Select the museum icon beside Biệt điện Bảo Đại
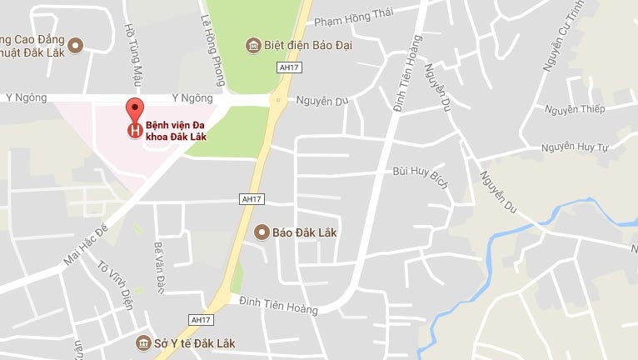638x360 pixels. [x=252, y=45]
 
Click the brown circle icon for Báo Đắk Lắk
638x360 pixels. [x=262, y=232]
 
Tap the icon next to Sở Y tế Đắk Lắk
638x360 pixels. [x=143, y=342]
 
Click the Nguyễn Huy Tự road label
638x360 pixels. [x=576, y=147]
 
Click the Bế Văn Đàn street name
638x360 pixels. [x=159, y=266]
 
